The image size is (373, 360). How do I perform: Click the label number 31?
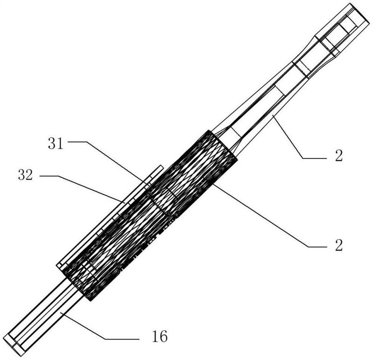coord(55,144)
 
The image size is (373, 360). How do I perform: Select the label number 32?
coord(26,175)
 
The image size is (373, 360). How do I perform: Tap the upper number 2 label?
coord(339,156)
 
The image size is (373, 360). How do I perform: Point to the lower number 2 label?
coord(339,245)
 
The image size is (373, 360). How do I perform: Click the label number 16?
coord(159,336)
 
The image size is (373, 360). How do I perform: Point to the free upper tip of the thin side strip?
coord(162,167)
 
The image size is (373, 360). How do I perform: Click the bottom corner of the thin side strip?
coord(58,265)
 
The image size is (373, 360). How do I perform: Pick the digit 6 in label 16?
coord(164,336)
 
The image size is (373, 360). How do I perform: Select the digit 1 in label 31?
coord(60,144)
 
